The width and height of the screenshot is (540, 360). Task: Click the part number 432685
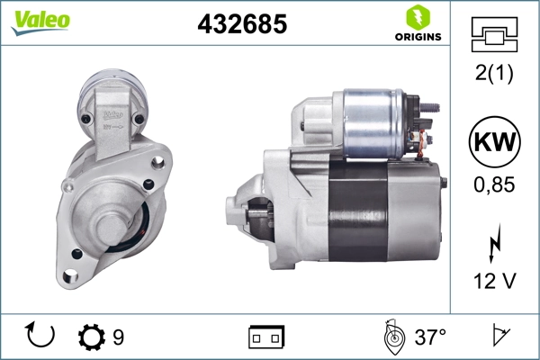tap(242, 24)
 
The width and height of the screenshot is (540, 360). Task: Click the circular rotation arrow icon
tap(41, 337)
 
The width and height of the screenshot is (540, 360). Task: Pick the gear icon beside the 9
tap(91, 338)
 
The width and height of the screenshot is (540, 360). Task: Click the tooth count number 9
tap(118, 338)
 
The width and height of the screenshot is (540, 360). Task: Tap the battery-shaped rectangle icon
tap(266, 338)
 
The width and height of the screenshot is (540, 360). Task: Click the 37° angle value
tap(430, 338)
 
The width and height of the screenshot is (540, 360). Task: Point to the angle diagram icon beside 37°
tap(391, 337)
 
